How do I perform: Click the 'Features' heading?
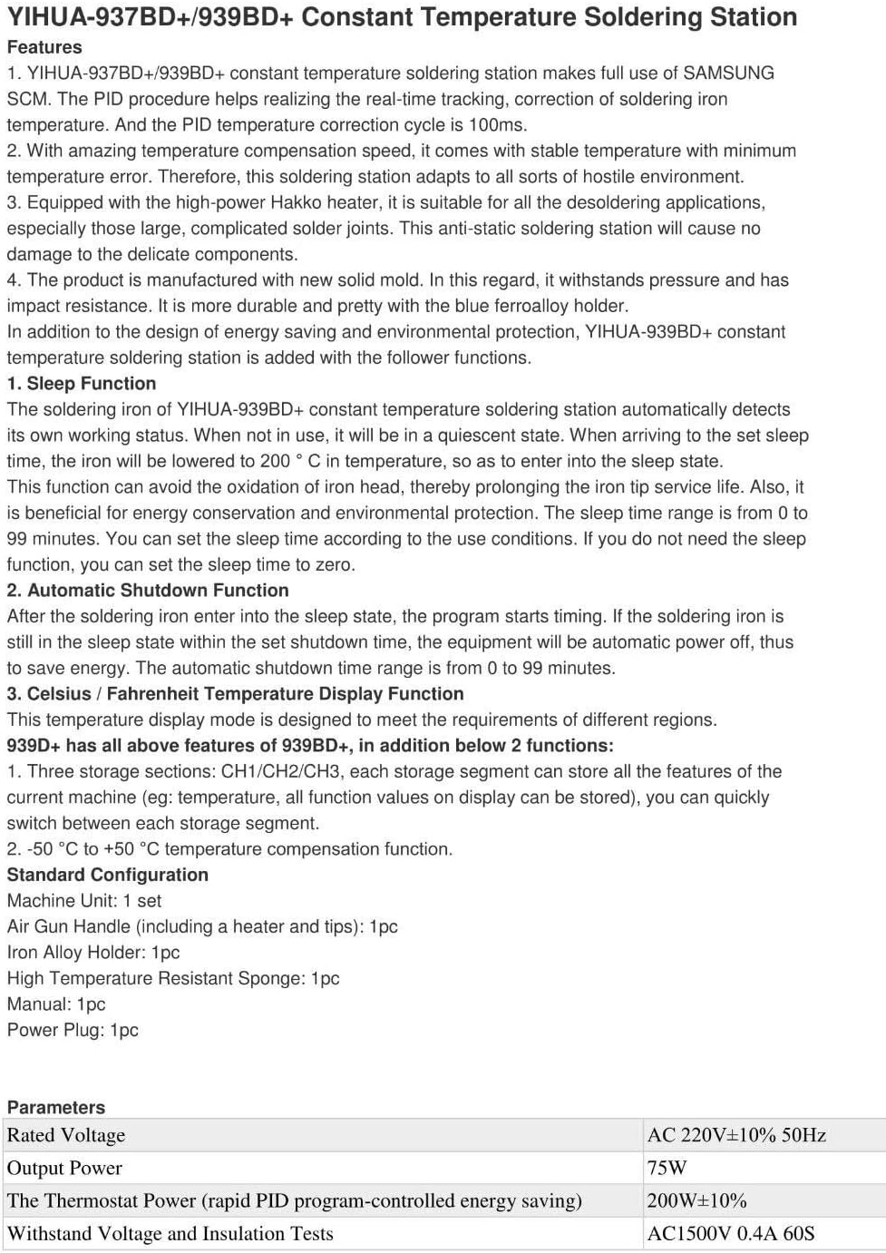pyautogui.click(x=44, y=47)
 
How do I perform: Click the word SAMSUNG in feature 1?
pyautogui.click(x=728, y=73)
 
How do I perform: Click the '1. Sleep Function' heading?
pyautogui.click(x=82, y=384)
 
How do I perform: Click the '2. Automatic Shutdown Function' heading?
pyautogui.click(x=148, y=591)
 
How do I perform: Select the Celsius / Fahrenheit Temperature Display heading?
pyautogui.click(x=235, y=694)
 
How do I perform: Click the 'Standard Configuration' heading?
pyautogui.click(x=108, y=876)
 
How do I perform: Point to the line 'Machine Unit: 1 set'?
pyautogui.click(x=84, y=901)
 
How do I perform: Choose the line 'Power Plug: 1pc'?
pyautogui.click(x=73, y=1031)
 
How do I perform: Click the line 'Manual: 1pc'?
pyautogui.click(x=56, y=1004)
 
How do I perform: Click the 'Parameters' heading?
pyautogui.click(x=56, y=1108)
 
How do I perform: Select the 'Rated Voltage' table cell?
pyautogui.click(x=66, y=1135)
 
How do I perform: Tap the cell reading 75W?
pyautogui.click(x=667, y=1168)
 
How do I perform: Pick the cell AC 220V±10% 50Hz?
pyautogui.click(x=736, y=1135)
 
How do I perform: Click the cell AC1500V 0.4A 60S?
pyautogui.click(x=731, y=1234)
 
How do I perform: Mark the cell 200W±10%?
pyautogui.click(x=697, y=1201)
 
